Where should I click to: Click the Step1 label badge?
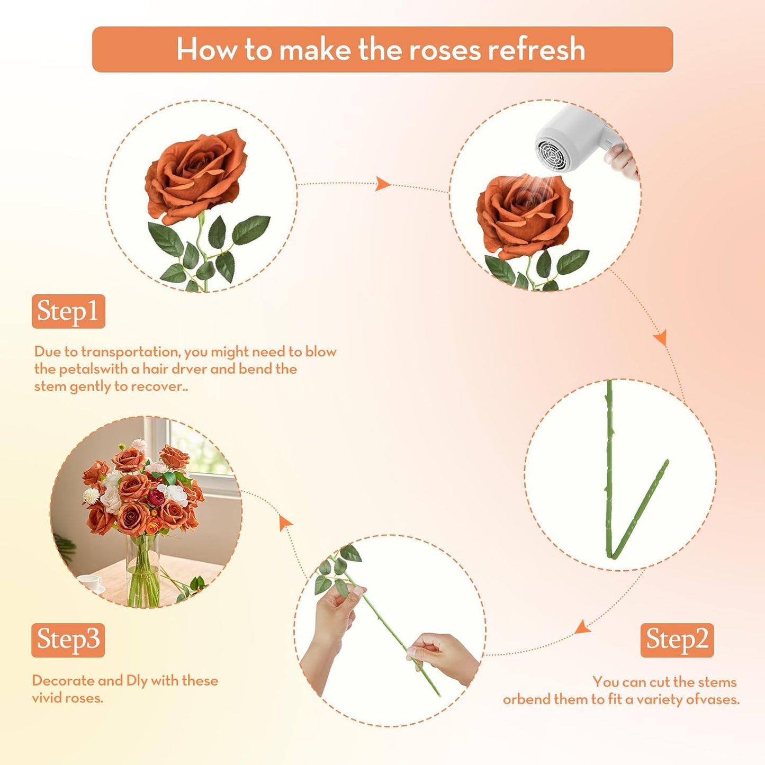pyautogui.click(x=68, y=311)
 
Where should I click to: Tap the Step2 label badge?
pyautogui.click(x=677, y=640)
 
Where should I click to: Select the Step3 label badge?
pyautogui.click(x=68, y=640)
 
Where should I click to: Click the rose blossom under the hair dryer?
pyautogui.click(x=524, y=214)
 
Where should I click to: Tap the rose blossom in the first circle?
pyautogui.click(x=196, y=175)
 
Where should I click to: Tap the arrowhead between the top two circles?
pyautogui.click(x=383, y=184)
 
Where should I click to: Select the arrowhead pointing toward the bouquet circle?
pyautogui.click(x=285, y=523)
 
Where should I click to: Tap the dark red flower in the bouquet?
pyautogui.click(x=156, y=497)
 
